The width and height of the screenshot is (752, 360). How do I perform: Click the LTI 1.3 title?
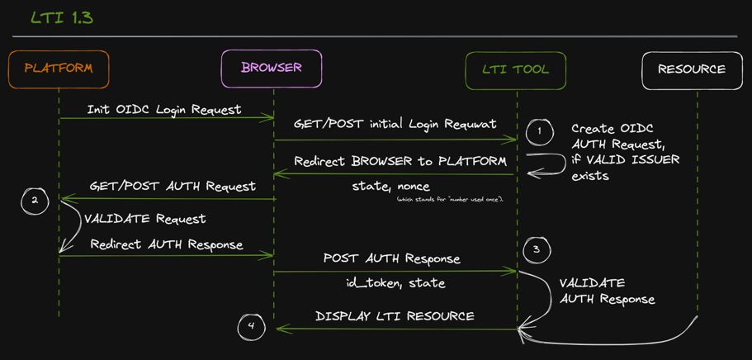(61, 17)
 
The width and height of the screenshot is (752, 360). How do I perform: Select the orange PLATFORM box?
(59, 69)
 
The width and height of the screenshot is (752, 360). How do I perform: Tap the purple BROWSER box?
(271, 69)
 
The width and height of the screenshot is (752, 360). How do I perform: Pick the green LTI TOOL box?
(516, 70)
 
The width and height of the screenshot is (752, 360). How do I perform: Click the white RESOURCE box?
(692, 70)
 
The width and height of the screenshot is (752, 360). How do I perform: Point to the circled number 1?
(539, 131)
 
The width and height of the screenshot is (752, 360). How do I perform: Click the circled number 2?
(35, 201)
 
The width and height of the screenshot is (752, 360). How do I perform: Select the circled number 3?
(537, 249)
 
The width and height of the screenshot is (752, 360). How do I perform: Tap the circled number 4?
(251, 326)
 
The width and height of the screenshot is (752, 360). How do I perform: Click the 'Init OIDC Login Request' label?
(164, 109)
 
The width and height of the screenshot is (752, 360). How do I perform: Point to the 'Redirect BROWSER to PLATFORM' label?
(400, 161)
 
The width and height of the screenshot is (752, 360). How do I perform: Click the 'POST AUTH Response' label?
(391, 258)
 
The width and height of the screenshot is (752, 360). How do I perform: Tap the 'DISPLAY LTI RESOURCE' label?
(395, 316)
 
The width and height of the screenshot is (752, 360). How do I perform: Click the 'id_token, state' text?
(395, 283)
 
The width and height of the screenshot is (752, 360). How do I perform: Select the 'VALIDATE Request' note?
(145, 219)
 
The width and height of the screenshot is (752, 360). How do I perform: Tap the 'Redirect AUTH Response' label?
(167, 244)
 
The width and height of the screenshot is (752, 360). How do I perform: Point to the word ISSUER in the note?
(650, 159)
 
